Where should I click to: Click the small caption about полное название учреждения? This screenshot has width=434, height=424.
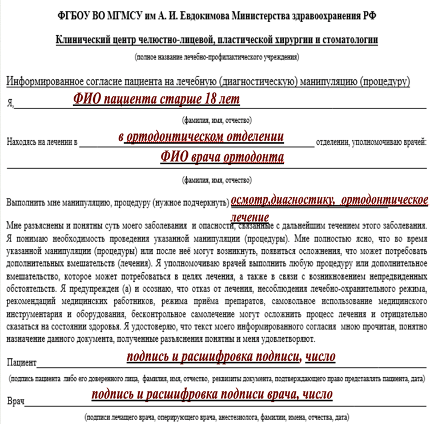[216, 57]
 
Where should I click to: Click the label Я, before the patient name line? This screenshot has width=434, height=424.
[10, 103]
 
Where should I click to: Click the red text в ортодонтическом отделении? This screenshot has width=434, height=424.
[201, 138]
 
